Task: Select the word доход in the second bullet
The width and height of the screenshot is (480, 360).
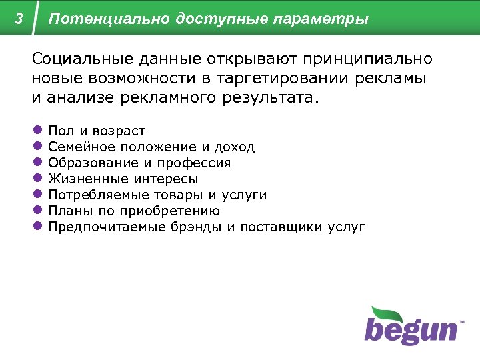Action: [234, 147]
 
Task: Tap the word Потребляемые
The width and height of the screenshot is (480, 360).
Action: [94, 195]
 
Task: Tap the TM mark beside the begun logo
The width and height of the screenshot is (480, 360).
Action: [461, 322]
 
